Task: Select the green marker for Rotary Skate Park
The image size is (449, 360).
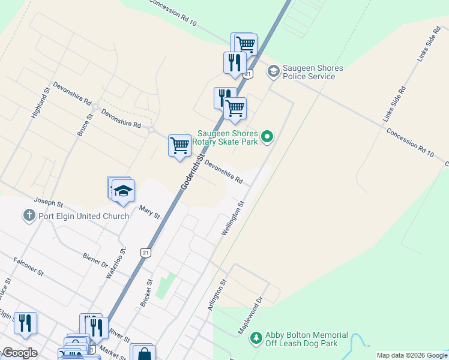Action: pos(268,137)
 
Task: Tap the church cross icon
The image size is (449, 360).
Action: pos(28,215)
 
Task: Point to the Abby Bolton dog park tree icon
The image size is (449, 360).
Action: pos(256,339)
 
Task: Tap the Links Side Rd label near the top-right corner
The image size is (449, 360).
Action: pos(428,45)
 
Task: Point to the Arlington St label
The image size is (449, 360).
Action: pos(217,294)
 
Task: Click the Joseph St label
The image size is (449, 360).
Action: pos(48,202)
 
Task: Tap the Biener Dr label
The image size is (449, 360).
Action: pos(95,259)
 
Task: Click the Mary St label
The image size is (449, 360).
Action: pos(149,211)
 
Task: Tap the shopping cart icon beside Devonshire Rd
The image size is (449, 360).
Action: pos(179,145)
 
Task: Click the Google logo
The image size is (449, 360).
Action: pos(19,353)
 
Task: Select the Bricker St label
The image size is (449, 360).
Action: pos(146,293)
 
